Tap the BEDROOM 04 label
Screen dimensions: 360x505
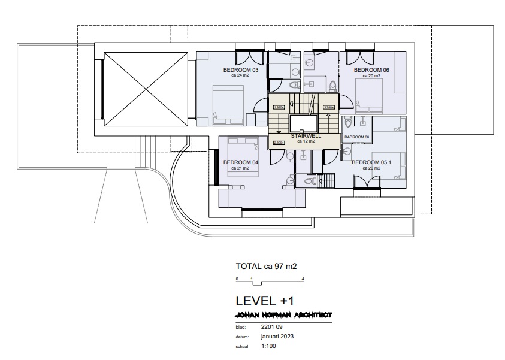tap(240, 162)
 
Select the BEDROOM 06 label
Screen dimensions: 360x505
tap(371, 70)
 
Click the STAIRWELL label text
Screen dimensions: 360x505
tap(306, 136)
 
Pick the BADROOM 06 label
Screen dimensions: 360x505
tap(357, 138)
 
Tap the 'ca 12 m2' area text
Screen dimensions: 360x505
tap(306, 141)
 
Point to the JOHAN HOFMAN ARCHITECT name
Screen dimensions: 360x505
tap(285, 315)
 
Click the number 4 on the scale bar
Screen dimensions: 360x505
tap(304, 279)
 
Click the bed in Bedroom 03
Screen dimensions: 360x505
tap(228, 105)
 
